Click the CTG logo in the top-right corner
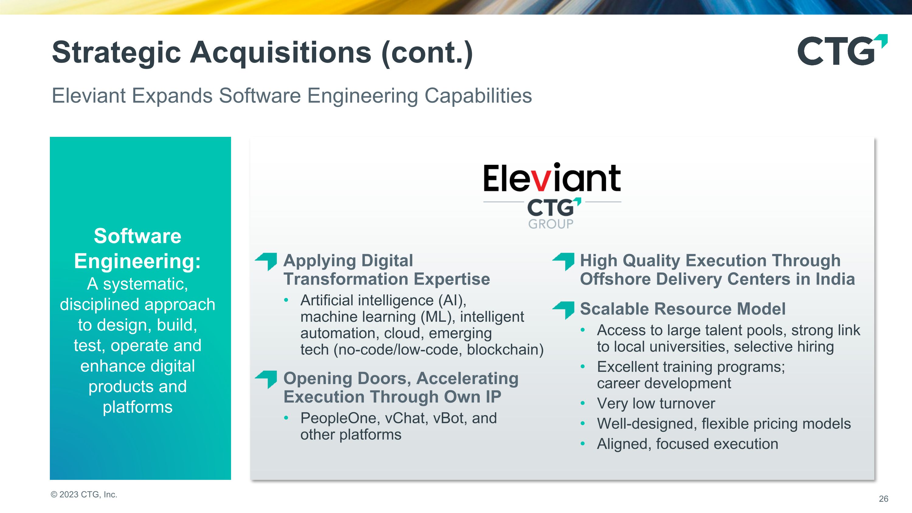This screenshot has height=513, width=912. [x=842, y=50]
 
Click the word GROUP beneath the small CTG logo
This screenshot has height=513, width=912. [x=551, y=224]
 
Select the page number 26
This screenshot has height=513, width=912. [x=883, y=499]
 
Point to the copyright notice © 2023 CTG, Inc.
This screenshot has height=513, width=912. [x=84, y=494]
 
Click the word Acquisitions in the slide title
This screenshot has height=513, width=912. [x=281, y=52]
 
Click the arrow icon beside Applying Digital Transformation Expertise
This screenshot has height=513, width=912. [x=266, y=261]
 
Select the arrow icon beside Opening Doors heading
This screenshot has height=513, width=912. [x=266, y=379]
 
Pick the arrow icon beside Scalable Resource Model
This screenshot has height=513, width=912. [x=564, y=310]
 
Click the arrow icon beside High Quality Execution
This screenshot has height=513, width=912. [x=564, y=261]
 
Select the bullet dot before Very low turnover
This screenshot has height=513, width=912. [x=583, y=403]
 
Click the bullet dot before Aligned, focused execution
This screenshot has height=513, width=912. [x=583, y=444]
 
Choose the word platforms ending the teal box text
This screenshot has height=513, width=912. [x=137, y=407]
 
